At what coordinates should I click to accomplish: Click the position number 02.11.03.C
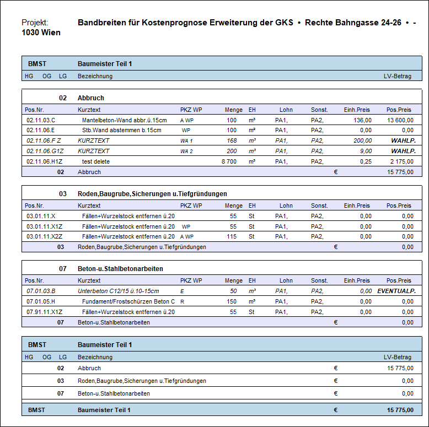(x=41, y=120)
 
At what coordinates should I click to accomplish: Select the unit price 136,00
(x=362, y=120)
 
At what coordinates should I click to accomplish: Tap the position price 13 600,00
(x=400, y=120)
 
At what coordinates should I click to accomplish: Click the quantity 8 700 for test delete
(x=229, y=161)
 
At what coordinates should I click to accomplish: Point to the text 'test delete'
(x=96, y=161)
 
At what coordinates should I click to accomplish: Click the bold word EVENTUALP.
(x=395, y=291)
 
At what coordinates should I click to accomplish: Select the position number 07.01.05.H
(x=41, y=301)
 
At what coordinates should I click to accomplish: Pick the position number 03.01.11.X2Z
(x=44, y=236)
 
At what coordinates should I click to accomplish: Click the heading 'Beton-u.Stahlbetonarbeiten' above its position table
(x=120, y=269)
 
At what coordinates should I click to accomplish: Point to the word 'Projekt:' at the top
(x=35, y=23)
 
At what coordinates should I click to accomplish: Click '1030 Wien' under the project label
(x=41, y=33)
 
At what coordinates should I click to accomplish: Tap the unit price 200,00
(x=362, y=140)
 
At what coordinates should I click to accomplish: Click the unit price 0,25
(x=365, y=161)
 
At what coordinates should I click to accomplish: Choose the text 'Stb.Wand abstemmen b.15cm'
(x=122, y=130)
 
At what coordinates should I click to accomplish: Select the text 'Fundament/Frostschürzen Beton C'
(x=128, y=301)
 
